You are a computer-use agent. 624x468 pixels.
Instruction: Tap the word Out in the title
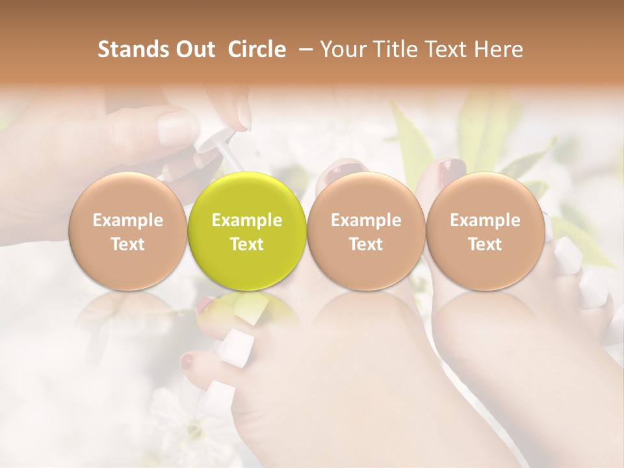[194, 50]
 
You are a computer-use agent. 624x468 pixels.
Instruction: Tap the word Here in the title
[497, 50]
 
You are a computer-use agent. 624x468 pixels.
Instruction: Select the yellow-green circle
[247, 231]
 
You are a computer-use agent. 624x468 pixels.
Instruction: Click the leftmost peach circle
[127, 231]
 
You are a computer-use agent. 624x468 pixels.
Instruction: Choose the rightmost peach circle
[485, 231]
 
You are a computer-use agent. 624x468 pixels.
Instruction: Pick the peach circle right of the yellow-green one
[366, 231]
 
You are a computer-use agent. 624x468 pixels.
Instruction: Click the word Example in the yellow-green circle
[247, 220]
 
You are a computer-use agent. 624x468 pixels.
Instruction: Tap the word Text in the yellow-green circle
[247, 244]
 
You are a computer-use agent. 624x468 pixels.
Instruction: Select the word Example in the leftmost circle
[127, 220]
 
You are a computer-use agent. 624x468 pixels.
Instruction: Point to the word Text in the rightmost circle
[485, 244]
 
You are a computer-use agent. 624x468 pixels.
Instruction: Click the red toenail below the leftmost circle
[188, 361]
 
